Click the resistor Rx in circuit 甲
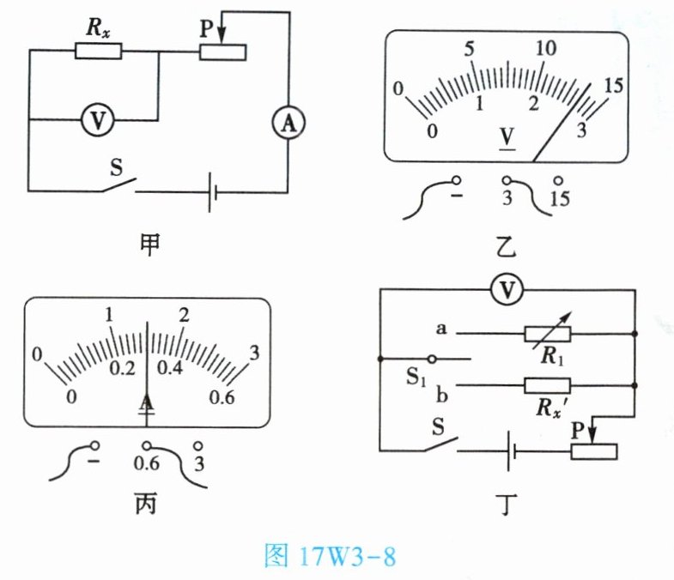click(98, 51)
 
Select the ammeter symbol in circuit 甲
click(288, 125)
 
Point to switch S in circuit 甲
click(117, 184)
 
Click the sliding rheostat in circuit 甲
click(223, 51)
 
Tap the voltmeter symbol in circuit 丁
click(507, 292)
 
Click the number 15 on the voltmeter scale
click(613, 86)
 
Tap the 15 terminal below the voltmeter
click(559, 198)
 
